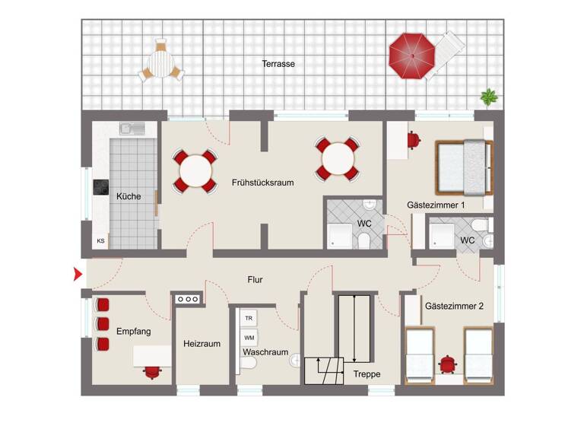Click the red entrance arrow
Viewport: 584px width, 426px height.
click(77, 275)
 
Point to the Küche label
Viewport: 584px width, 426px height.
click(129, 196)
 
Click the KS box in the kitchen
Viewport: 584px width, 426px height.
click(100, 240)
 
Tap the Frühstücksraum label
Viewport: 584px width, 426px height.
click(263, 183)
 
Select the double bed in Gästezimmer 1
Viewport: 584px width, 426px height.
click(462, 167)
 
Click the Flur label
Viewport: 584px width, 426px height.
click(255, 280)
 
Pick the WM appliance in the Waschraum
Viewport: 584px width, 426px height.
click(249, 337)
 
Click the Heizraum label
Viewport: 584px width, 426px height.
click(202, 344)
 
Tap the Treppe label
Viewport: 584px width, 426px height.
click(367, 374)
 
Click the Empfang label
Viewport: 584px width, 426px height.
click(134, 332)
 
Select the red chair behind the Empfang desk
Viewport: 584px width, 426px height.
click(153, 371)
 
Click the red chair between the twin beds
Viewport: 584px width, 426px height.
click(449, 364)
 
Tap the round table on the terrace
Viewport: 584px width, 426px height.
click(161, 61)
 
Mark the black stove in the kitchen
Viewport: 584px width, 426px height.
click(100, 187)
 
